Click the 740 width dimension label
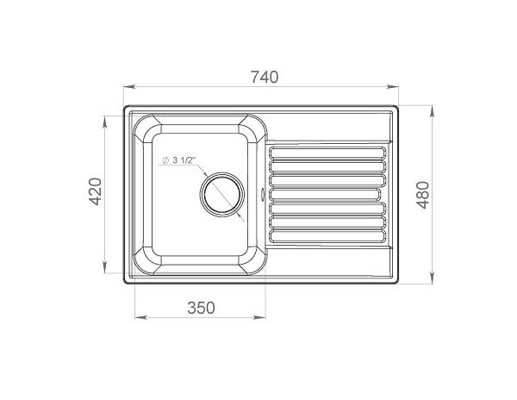point(265,77)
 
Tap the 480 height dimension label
point(423,195)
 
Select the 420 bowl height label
point(96,191)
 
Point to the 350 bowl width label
point(201,308)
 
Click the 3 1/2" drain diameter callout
point(179,160)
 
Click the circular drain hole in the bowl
point(222,194)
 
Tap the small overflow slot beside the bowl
point(263,194)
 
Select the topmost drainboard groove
point(327,153)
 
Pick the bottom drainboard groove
point(327,236)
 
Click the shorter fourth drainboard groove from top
point(324,195)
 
